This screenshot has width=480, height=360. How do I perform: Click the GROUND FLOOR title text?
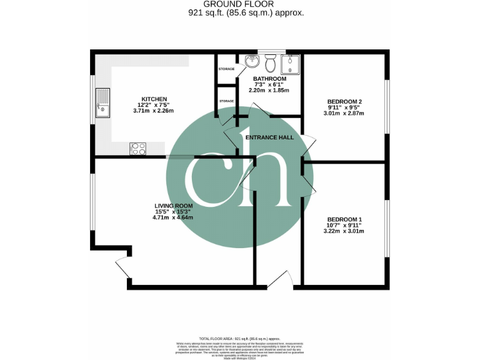(239, 5)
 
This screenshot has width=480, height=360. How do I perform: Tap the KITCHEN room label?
(153, 99)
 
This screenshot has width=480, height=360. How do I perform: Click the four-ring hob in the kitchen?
(138, 149)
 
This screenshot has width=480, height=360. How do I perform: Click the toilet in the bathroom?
(271, 63)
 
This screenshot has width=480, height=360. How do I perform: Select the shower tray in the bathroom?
(291, 64)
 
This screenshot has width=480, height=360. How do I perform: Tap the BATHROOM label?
(269, 79)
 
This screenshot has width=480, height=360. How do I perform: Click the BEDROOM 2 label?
(345, 101)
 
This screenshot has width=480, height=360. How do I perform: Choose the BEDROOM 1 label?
(344, 219)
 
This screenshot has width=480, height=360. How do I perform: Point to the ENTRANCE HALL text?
(269, 137)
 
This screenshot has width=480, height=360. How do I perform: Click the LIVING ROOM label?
(174, 206)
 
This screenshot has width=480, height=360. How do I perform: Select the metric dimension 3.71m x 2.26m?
(153, 111)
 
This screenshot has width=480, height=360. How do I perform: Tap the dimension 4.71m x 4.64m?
(174, 217)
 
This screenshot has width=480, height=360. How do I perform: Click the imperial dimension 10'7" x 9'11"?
(344, 225)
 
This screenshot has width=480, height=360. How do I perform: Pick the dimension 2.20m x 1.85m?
(269, 90)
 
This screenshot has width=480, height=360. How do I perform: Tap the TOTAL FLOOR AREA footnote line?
(239, 337)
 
